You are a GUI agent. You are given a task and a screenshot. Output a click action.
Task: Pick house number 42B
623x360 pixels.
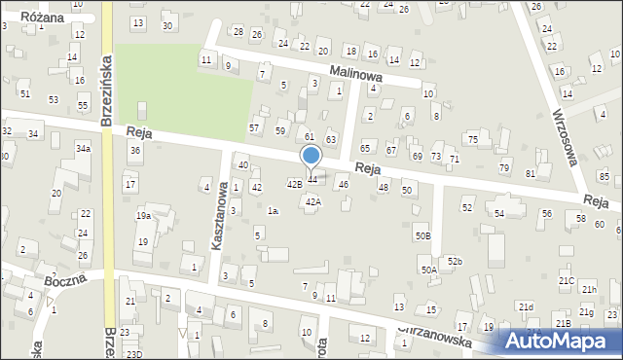(293, 183)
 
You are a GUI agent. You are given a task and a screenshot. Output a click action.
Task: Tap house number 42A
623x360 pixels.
(312, 201)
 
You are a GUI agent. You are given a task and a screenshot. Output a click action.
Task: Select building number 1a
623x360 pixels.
(274, 210)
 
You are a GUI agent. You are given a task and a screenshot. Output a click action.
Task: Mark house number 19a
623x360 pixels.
(143, 216)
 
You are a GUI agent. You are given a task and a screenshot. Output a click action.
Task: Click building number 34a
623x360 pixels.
(84, 148)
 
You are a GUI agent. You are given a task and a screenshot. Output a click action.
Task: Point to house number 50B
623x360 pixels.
(422, 235)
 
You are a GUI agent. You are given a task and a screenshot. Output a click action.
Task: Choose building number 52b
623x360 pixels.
(455, 261)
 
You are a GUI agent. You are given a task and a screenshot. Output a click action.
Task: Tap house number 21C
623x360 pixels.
(567, 280)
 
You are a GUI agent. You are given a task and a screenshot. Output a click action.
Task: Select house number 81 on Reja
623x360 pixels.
(531, 173)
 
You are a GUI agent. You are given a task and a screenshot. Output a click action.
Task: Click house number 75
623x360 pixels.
(472, 140)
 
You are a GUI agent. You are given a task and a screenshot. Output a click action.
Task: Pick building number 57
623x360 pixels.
(255, 127)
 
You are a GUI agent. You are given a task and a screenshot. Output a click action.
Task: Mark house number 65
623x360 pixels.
(365, 148)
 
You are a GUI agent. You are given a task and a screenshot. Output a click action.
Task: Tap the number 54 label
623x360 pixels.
(499, 212)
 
